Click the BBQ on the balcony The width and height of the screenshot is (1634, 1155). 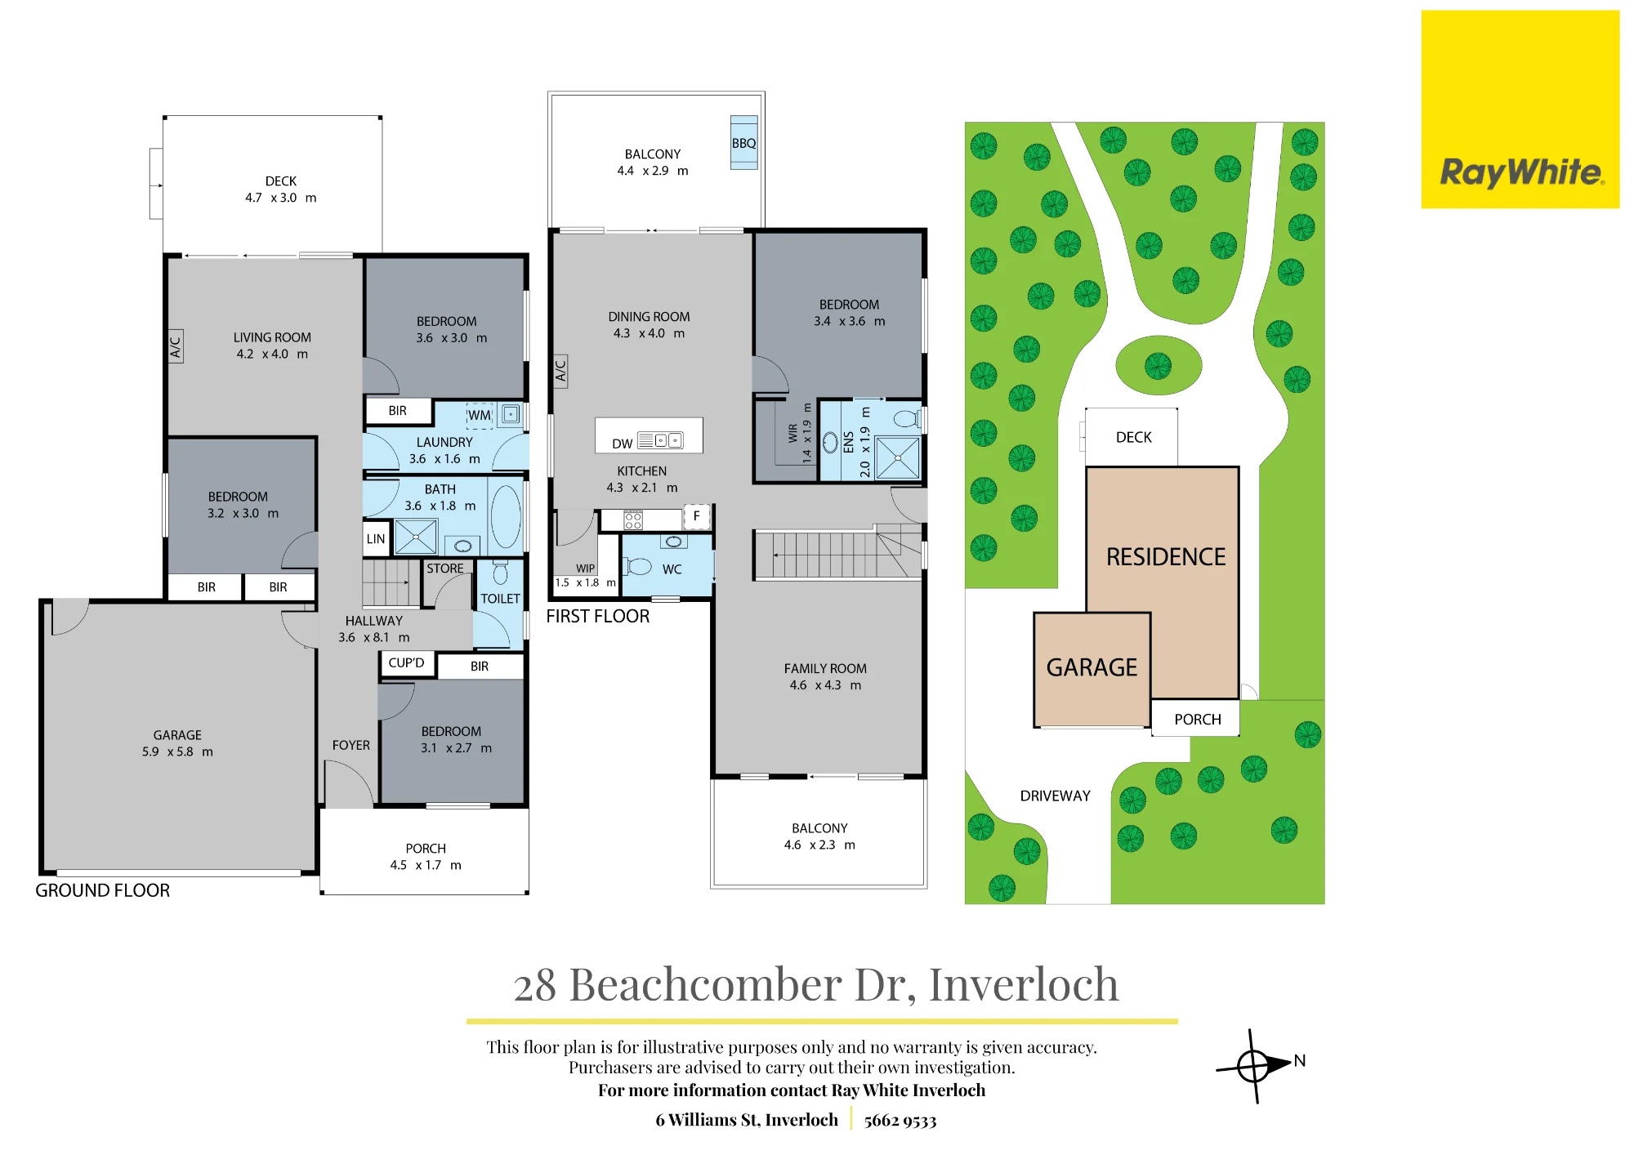[743, 143]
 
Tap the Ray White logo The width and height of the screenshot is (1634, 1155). [1520, 109]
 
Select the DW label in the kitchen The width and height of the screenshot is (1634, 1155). [623, 444]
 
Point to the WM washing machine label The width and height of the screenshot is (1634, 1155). [480, 415]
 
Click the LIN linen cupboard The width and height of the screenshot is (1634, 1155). [376, 539]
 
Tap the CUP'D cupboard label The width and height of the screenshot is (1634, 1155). [406, 662]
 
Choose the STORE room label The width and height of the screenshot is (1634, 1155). [445, 569]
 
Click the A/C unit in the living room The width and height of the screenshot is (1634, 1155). [175, 346]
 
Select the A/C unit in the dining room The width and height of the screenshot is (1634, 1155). [560, 372]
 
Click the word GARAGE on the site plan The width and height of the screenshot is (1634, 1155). [1092, 667]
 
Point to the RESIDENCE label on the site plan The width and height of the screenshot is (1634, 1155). [1166, 557]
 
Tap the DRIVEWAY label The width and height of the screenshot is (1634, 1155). [1055, 796]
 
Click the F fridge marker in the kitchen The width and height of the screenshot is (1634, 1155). [697, 516]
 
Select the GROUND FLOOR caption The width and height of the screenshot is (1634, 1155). [103, 890]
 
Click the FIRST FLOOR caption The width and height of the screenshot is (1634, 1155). [598, 617]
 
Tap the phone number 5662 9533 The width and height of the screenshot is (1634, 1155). [900, 1121]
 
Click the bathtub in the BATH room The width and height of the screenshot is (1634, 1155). [506, 516]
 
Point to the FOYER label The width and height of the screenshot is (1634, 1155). [351, 745]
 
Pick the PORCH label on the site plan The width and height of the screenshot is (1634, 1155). [1198, 720]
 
